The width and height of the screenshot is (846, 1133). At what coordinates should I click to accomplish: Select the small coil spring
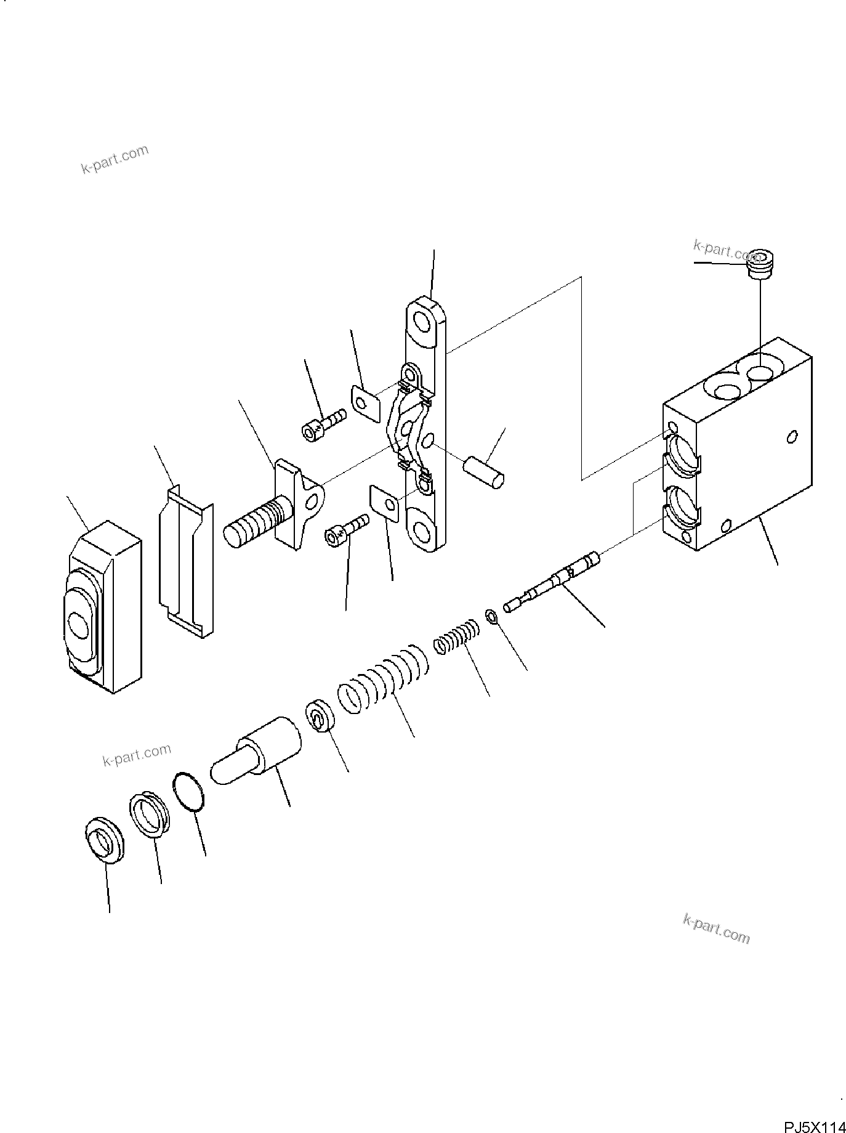click(x=456, y=637)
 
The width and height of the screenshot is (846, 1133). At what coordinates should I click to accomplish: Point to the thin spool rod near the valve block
click(x=551, y=582)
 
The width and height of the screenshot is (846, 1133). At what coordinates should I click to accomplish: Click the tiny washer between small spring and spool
click(x=491, y=616)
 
